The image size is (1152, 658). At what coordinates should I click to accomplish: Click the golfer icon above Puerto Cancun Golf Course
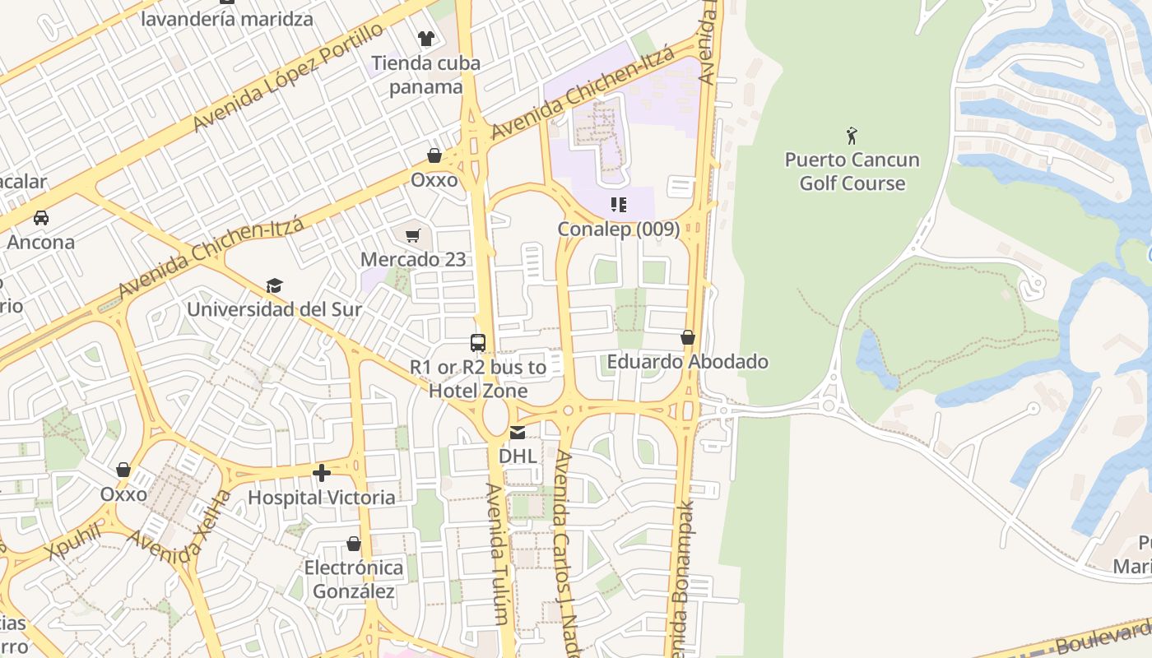(852, 135)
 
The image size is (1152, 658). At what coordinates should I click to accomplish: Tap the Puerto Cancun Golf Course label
(852, 171)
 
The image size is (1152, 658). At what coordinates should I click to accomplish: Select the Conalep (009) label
(619, 229)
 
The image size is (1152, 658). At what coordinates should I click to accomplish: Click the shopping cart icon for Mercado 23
(413, 236)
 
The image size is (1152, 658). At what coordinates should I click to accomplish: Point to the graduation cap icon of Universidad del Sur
(274, 285)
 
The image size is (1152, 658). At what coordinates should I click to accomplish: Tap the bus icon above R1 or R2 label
(477, 343)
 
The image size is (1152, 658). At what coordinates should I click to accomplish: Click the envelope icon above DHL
(517, 433)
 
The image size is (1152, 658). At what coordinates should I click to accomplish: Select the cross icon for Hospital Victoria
(322, 473)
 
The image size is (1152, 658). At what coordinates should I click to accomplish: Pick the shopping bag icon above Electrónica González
(354, 544)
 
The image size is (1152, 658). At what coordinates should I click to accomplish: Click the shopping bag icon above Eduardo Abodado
(688, 337)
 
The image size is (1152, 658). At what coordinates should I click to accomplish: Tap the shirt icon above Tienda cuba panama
(425, 38)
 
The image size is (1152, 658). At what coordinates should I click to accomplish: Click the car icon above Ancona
(40, 218)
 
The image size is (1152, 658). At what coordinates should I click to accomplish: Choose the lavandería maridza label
(227, 19)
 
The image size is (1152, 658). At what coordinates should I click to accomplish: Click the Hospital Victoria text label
(321, 498)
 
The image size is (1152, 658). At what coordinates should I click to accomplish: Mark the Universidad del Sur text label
(274, 310)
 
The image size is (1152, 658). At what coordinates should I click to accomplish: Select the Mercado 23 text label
(413, 260)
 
